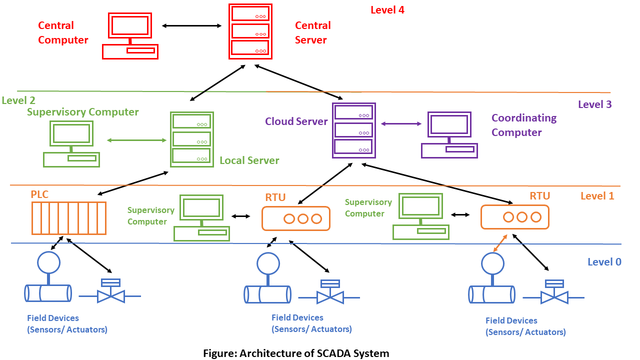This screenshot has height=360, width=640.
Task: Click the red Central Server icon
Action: pos(250,31)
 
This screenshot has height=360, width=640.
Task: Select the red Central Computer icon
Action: pos(130,36)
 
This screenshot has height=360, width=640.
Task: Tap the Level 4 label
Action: pos(387,10)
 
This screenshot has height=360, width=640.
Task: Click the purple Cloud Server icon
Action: pos(353,130)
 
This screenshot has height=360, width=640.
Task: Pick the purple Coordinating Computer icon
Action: pos(449,135)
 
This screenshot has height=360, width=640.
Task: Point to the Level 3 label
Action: pos(595,104)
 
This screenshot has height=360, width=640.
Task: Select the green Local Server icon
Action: pos(192,139)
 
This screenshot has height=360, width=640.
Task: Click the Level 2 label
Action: pos(18,100)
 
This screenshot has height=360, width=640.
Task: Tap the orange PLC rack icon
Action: pos(69,218)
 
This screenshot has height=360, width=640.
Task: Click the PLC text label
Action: pos(39,194)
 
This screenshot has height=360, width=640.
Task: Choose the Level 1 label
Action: pos(597,195)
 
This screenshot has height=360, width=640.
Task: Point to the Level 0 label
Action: pos(604,261)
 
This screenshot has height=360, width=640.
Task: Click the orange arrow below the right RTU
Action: pos(500,243)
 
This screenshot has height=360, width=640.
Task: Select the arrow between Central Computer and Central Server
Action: pos(191,25)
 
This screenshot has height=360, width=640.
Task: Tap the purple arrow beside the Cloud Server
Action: pos(401,123)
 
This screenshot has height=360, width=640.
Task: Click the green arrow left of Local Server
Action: pos(136,140)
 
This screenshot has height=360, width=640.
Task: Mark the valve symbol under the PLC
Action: pos(110,291)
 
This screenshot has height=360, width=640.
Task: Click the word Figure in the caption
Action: pos(220,353)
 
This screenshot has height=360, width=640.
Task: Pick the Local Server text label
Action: pos(249,160)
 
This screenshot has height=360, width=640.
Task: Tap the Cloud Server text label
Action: pos(296,121)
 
